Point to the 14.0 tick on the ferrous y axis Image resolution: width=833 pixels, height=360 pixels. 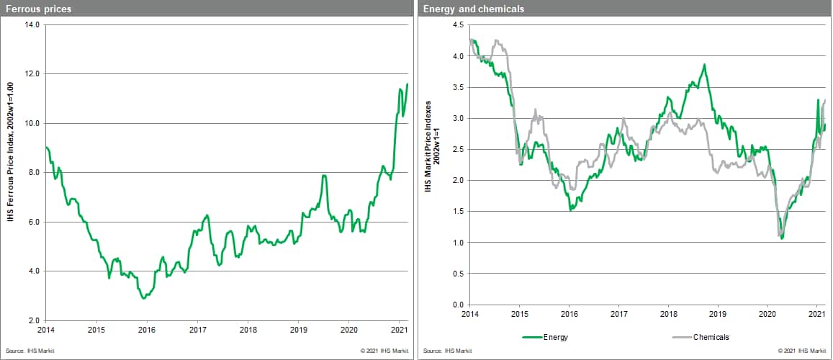point(32,24)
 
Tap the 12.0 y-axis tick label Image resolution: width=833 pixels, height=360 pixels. point(32,74)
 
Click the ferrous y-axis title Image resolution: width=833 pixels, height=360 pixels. point(11,171)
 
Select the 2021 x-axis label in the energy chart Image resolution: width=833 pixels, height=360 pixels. point(816,314)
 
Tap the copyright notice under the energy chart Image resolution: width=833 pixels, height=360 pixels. point(801,351)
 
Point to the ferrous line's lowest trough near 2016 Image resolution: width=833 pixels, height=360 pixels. point(144,297)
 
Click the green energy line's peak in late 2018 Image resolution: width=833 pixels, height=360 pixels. point(704,65)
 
